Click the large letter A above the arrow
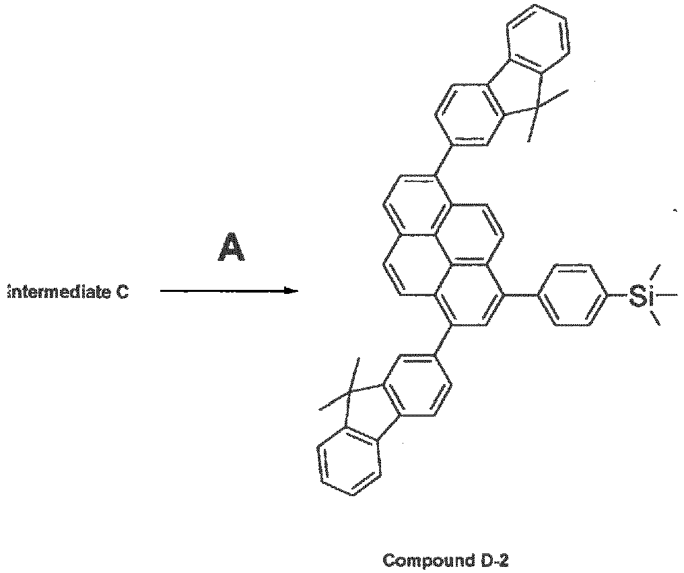[x=231, y=247]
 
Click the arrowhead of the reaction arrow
[x=292, y=291]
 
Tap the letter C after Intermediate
[x=122, y=292]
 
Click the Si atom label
[x=640, y=295]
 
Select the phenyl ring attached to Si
[x=574, y=295]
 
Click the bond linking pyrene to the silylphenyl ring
[x=521, y=295]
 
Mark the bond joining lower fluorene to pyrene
[x=444, y=340]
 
